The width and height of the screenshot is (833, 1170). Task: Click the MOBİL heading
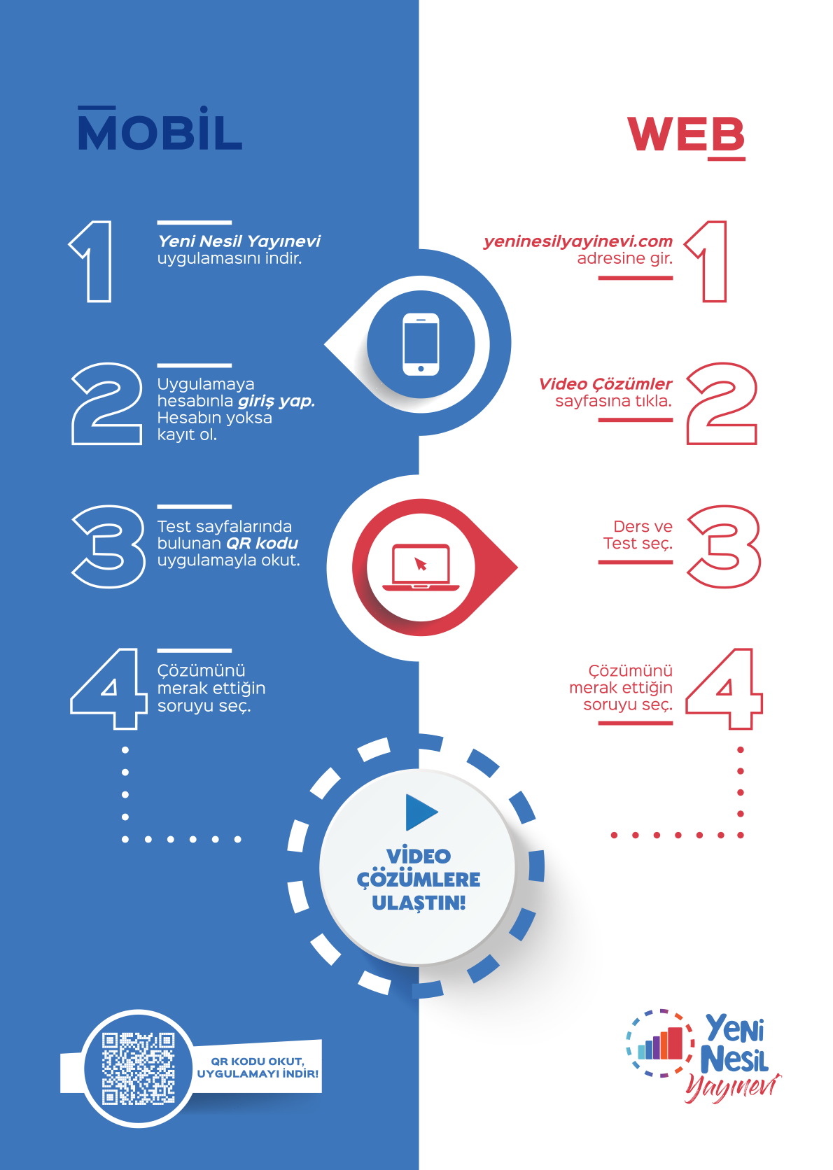tap(160, 131)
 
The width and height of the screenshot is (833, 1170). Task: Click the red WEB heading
tap(686, 135)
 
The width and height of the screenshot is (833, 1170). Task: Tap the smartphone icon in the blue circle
tap(421, 344)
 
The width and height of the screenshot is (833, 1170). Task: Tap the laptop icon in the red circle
tap(421, 567)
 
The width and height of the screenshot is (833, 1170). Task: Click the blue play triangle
tap(420, 812)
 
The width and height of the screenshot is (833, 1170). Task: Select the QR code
tap(138, 1068)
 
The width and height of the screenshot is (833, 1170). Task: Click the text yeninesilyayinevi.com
tap(577, 241)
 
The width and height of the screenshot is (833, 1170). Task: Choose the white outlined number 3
tap(108, 546)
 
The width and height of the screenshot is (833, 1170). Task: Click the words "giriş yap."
tap(276, 401)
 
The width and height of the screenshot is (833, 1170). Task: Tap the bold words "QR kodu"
tap(262, 544)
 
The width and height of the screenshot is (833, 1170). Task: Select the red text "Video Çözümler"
tap(605, 384)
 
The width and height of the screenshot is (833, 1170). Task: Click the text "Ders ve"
tap(643, 527)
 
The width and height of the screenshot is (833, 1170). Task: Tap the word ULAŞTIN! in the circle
tap(419, 903)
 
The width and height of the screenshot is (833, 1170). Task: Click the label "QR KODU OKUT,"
tap(257, 1061)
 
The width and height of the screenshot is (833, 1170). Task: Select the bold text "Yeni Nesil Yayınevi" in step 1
tap(239, 241)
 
